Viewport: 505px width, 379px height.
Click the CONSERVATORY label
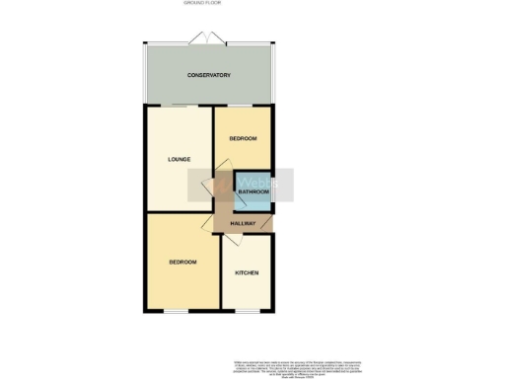[x=209, y=75]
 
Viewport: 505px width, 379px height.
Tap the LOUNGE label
[x=179, y=159]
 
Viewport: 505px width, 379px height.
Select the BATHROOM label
[x=252, y=191]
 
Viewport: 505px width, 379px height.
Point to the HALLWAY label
[x=243, y=224]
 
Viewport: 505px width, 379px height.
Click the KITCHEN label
[x=247, y=272]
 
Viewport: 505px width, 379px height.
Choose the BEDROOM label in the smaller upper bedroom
[x=243, y=139]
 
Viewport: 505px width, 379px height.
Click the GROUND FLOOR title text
[x=202, y=4]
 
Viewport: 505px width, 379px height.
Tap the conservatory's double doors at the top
[x=210, y=38]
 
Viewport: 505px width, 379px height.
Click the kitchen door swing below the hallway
[x=243, y=241]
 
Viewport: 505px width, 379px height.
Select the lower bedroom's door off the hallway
[x=221, y=224]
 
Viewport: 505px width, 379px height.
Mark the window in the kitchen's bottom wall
[x=247, y=311]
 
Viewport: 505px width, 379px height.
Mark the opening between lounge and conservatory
[x=180, y=105]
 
